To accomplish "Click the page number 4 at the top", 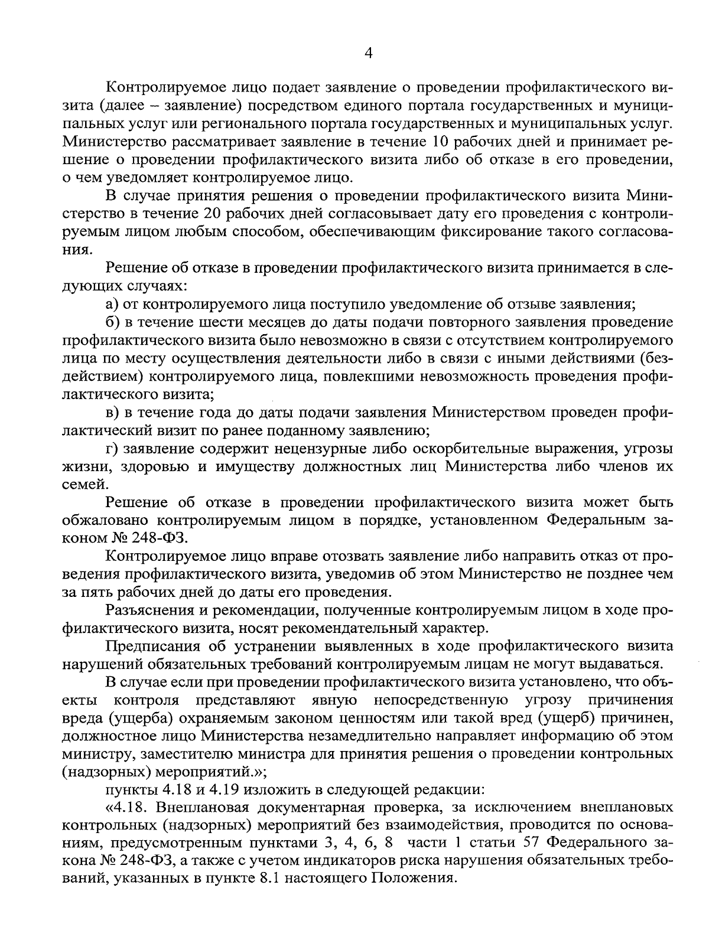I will click(x=368, y=54).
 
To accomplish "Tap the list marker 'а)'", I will click(x=112, y=304).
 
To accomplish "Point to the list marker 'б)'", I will click(x=112, y=322).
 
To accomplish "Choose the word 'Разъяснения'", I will click(x=150, y=609).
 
